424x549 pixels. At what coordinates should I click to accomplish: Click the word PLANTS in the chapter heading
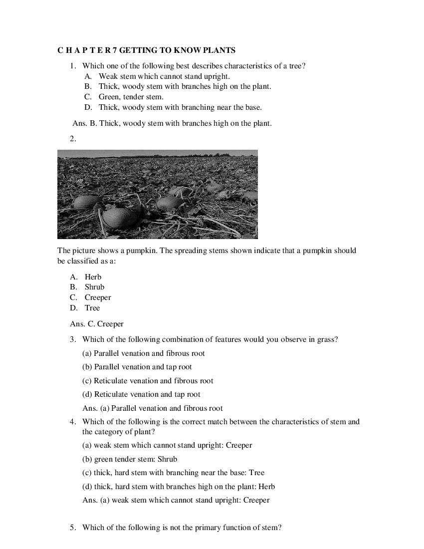click(x=219, y=50)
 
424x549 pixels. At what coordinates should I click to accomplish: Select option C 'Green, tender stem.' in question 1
click(x=131, y=97)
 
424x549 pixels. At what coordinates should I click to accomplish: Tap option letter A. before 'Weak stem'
click(x=88, y=76)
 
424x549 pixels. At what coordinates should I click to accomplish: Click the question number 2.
click(x=73, y=139)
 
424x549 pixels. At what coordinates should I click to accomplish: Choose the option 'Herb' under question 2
click(x=93, y=277)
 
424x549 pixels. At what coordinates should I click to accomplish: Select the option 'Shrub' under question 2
click(x=94, y=287)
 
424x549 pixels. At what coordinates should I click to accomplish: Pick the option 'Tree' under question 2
click(x=92, y=308)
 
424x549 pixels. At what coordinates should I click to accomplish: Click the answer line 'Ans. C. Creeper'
click(x=97, y=324)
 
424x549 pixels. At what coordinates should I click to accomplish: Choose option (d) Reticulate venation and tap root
click(x=141, y=394)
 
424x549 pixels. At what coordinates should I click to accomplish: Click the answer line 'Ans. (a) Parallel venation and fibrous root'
click(x=152, y=408)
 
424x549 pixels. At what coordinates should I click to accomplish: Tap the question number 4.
click(x=73, y=422)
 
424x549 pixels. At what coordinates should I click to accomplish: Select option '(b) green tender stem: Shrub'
click(x=130, y=459)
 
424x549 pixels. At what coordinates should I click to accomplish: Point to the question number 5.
click(x=73, y=528)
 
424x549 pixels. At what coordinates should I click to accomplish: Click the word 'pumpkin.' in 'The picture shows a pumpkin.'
click(x=142, y=251)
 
